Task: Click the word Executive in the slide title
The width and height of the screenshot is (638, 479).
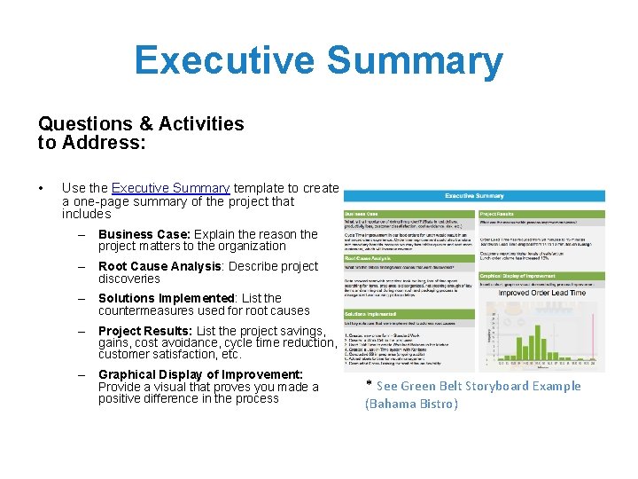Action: [223, 61]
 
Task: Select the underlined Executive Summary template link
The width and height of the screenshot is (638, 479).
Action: [170, 188]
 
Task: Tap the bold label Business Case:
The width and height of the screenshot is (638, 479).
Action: [144, 234]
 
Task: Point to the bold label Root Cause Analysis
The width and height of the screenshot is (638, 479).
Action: [159, 266]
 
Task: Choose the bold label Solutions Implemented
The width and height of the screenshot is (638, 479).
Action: [166, 298]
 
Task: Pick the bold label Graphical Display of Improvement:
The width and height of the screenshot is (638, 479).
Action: [200, 374]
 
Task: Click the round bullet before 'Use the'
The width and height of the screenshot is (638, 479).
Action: [42, 188]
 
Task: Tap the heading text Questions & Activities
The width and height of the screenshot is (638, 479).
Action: [140, 123]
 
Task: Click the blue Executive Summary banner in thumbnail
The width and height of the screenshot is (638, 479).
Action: [474, 196]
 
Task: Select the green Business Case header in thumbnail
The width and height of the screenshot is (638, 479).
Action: [409, 214]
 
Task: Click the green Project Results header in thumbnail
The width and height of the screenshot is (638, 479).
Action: [541, 214]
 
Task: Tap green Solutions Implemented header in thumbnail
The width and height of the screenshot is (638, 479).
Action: [409, 313]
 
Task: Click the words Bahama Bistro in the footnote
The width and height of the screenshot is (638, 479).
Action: [413, 404]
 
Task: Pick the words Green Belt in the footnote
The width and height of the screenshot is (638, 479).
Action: [430, 386]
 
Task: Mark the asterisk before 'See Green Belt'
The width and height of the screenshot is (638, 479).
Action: [369, 385]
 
